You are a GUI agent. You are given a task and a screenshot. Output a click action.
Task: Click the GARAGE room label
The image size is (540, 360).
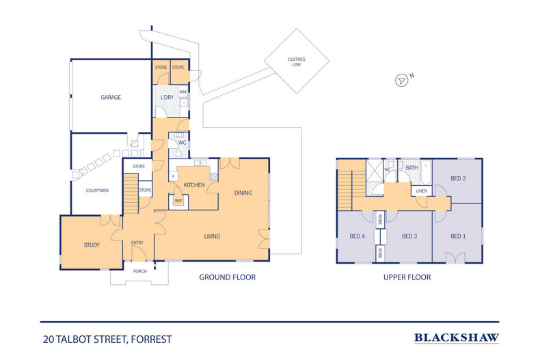[x=111, y=98]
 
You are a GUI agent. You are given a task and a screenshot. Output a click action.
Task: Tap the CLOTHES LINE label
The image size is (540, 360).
[x=297, y=62]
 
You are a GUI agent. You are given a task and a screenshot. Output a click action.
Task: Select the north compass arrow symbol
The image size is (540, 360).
[x=401, y=80]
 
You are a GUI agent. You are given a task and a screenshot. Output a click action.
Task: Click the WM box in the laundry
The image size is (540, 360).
[x=183, y=92]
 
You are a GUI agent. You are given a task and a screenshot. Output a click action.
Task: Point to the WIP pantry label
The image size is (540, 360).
[x=178, y=201]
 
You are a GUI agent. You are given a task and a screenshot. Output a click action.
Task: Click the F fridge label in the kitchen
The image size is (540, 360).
[x=173, y=176]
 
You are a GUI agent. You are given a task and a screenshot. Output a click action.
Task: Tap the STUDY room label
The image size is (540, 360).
[x=92, y=245]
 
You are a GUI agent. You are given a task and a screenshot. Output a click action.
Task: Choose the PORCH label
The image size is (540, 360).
[x=140, y=271]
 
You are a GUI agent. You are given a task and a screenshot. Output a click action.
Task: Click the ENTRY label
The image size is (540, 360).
[x=137, y=243]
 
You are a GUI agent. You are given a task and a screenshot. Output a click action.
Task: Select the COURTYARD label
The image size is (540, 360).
[x=97, y=191]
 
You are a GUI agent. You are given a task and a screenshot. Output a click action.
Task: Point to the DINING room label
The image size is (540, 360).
[x=243, y=193]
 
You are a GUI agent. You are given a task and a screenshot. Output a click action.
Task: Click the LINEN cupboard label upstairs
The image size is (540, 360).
[x=422, y=191]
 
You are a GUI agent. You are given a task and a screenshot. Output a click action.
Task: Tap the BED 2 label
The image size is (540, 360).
[x=458, y=178]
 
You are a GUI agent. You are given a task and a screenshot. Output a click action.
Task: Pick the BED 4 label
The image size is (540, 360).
[x=357, y=236]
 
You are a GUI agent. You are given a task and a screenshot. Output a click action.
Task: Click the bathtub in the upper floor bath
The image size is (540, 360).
[x=426, y=172]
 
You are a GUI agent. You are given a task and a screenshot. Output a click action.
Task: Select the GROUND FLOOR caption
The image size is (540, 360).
[x=228, y=277]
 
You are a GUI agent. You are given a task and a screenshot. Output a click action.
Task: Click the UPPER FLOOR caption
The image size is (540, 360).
[x=407, y=277]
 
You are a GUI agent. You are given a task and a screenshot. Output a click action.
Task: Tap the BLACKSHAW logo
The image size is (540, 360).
[x=457, y=338]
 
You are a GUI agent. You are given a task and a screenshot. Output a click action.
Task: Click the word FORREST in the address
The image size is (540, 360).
[x=151, y=340]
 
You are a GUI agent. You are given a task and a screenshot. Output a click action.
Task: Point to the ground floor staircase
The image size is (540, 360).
[x=131, y=194]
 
